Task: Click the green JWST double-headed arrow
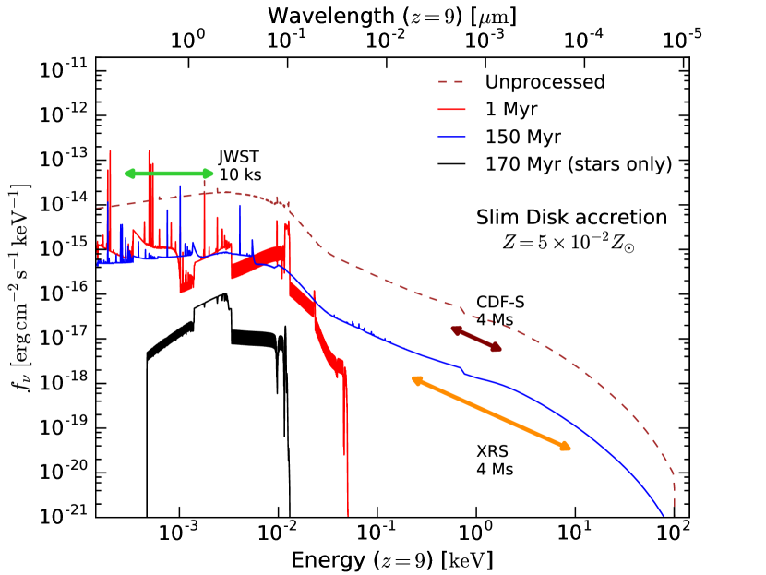coord(169,174)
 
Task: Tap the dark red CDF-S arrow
coord(476,339)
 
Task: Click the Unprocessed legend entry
coord(545,82)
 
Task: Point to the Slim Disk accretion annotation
coord(570,218)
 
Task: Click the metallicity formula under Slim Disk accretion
coord(570,241)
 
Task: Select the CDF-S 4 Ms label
coord(496,311)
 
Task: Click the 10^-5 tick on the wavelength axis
coord(675,42)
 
